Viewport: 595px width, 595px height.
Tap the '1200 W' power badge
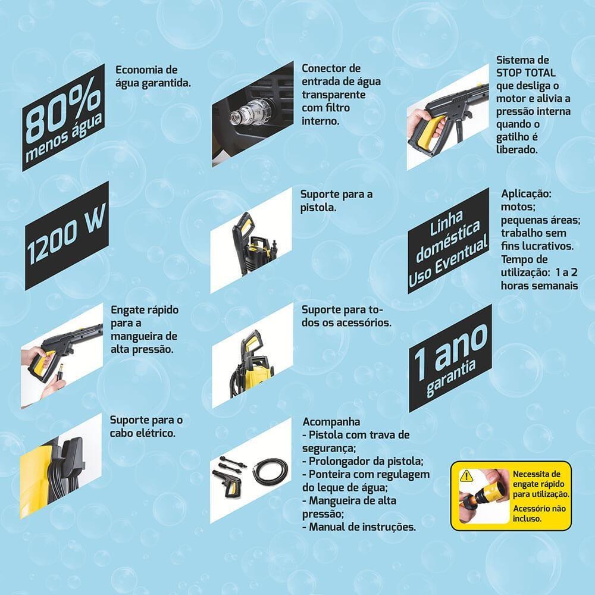tap(67, 235)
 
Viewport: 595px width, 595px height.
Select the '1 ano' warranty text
tap(450, 352)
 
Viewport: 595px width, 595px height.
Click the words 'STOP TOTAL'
tap(525, 73)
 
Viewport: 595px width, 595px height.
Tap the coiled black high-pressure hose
tap(270, 472)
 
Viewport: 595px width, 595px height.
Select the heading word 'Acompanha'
tap(331, 422)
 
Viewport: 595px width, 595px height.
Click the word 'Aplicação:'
tap(526, 193)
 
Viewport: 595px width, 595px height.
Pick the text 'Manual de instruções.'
tap(362, 527)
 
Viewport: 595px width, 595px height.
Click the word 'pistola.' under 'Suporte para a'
tap(318, 208)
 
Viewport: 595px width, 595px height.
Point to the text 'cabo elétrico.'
tap(143, 433)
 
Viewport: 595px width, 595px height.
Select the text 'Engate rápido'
tap(145, 309)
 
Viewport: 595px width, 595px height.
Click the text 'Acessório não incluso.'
tap(539, 513)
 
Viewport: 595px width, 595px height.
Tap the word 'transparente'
tap(334, 95)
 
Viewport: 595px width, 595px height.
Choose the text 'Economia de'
tap(146, 70)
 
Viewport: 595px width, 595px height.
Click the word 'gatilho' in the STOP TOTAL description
tap(512, 137)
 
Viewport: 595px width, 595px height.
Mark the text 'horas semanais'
tap(539, 286)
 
